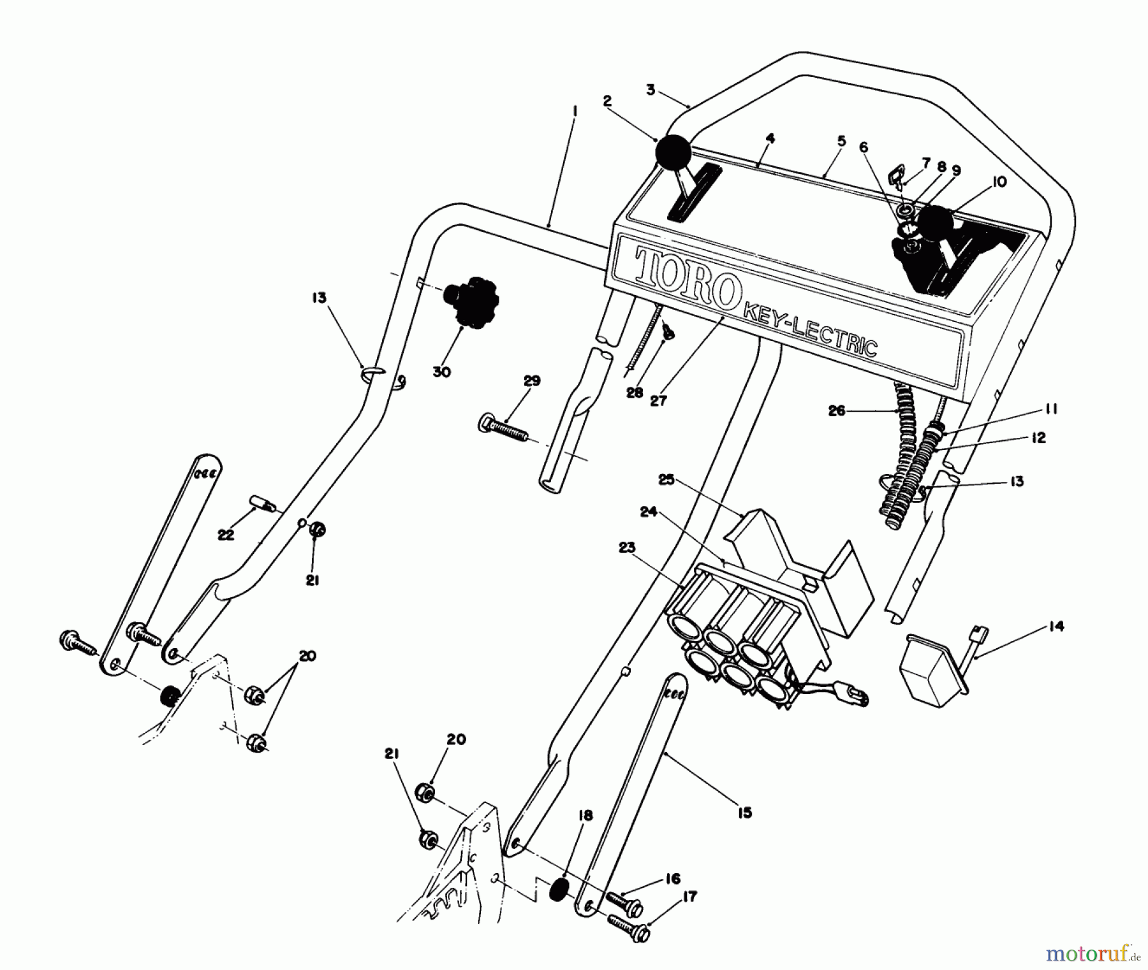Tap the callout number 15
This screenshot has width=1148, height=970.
point(744,812)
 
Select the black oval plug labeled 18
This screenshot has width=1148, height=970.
point(559,889)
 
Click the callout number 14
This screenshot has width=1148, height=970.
point(1056,626)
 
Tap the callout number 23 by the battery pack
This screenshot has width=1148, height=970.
point(627,547)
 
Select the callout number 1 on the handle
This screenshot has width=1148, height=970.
point(575,111)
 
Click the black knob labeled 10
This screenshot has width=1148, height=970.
point(934,224)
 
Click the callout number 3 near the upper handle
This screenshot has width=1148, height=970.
point(650,90)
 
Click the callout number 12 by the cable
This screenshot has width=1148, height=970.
point(1038,438)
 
